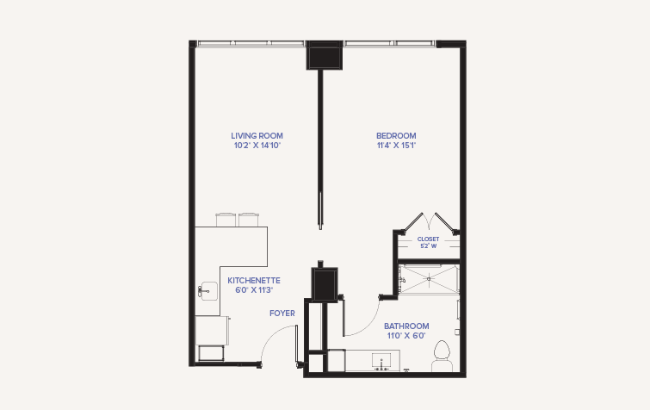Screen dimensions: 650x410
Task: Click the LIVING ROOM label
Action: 257,135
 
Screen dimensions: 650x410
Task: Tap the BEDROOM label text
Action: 396,135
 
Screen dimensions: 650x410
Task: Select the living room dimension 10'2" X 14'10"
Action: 257,145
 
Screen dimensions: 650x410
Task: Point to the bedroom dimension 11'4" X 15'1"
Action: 396,145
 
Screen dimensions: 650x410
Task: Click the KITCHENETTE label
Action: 254,281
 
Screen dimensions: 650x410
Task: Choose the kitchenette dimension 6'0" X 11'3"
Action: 254,290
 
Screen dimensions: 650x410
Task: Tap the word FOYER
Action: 282,314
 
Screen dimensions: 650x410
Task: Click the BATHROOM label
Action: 406,326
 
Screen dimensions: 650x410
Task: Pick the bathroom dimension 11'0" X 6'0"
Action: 406,336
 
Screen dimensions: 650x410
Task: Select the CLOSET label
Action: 428,239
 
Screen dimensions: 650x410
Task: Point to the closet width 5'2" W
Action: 428,245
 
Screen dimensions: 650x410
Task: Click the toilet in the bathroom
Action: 442,356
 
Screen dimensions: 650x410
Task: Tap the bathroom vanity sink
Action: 381,361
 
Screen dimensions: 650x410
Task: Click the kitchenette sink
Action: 207,291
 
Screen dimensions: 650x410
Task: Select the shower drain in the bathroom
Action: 429,279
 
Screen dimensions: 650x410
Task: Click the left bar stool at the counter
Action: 226,220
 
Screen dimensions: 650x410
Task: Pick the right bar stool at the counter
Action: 249,220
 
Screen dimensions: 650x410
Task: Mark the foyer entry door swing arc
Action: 270,335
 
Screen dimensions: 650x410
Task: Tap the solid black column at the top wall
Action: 325,55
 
